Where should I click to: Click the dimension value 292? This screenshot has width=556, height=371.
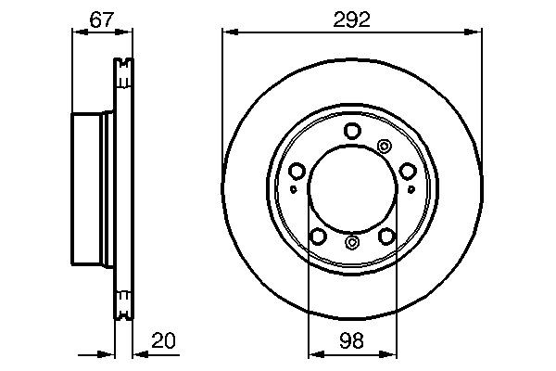[352, 18]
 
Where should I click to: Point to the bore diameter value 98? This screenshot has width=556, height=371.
[351, 339]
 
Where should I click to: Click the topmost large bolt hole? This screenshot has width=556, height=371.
[352, 132]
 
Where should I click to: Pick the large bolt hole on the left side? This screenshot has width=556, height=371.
[297, 172]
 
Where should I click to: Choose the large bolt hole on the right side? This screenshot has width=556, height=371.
[408, 172]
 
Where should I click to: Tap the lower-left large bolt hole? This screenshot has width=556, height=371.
[318, 237]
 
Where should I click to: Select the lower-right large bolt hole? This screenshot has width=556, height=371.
[386, 237]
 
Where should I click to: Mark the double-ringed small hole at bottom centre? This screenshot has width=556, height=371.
[352, 243]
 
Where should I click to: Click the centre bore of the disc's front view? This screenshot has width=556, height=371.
[352, 190]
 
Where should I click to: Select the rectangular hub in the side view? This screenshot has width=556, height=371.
[92, 190]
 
